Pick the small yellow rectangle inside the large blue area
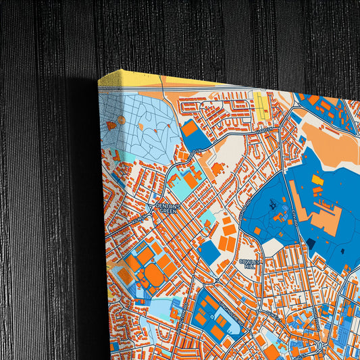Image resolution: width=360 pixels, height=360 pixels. click(317, 180)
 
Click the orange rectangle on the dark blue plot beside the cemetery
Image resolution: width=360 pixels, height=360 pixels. click(190, 128)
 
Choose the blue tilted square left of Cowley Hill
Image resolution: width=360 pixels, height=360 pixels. click(209, 252)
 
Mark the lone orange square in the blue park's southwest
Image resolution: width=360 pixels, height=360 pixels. click(257, 231)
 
